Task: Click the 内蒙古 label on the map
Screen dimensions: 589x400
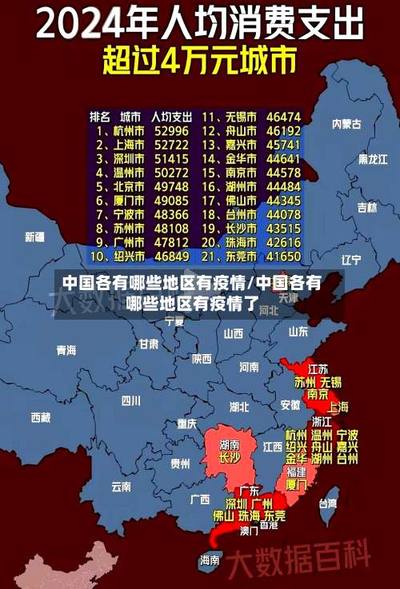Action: click(x=346, y=124)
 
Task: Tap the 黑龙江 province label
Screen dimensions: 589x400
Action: click(x=373, y=159)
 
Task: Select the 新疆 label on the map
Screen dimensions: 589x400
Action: click(x=34, y=237)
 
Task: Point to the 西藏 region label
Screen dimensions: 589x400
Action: click(x=40, y=416)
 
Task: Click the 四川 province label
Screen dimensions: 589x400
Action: click(x=130, y=400)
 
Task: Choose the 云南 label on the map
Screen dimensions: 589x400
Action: click(x=121, y=485)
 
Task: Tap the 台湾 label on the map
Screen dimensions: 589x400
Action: click(x=328, y=503)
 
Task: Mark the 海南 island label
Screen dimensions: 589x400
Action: click(x=210, y=559)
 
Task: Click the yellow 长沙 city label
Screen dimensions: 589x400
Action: click(x=230, y=458)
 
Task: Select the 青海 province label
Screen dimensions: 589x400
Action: click(x=66, y=350)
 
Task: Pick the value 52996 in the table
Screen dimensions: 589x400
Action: click(x=171, y=130)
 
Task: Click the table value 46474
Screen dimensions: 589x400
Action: click(x=284, y=116)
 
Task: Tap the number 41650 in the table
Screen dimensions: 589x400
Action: click(x=284, y=257)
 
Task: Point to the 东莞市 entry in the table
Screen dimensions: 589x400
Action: click(x=239, y=257)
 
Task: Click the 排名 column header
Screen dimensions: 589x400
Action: click(x=99, y=116)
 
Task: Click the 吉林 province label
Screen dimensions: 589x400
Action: click(x=367, y=208)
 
